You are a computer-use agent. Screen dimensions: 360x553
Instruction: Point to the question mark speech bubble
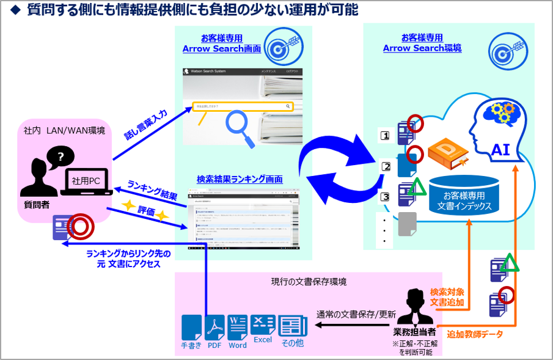(x=59, y=157)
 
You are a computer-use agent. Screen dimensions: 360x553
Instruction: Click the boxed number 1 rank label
(x=386, y=136)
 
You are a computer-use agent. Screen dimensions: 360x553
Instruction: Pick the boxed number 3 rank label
(x=386, y=197)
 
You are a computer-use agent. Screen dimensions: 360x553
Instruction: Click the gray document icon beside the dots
(x=407, y=224)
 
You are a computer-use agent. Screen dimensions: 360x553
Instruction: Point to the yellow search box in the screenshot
(x=243, y=106)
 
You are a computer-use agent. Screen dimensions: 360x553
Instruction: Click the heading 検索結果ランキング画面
(x=240, y=179)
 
